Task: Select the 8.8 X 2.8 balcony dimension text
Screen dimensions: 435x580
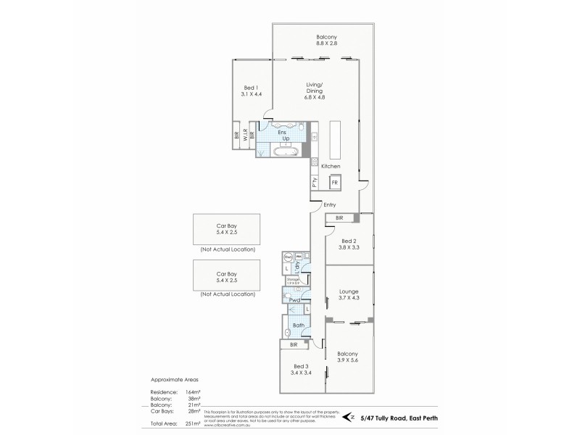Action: coord(327,43)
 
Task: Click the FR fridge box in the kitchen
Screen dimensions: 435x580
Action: coord(335,183)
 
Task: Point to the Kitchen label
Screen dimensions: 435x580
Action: coord(331,166)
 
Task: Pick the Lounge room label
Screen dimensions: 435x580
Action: coord(349,291)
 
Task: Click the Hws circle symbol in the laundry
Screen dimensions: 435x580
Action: coord(288,257)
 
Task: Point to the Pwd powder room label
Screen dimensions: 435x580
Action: coord(294,299)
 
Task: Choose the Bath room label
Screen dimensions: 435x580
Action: coord(298,325)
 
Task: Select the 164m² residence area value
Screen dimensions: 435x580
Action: coord(193,392)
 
